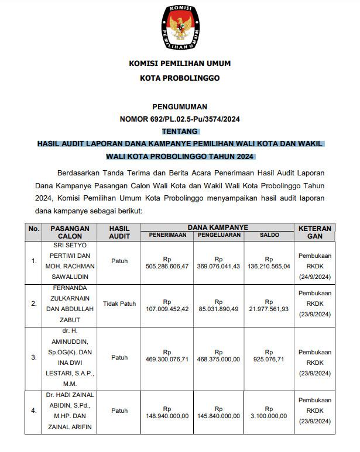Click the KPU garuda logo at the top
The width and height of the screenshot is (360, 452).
click(180, 27)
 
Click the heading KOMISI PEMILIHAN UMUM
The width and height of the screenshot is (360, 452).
click(180, 64)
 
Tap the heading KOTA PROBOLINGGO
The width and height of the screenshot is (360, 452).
click(180, 78)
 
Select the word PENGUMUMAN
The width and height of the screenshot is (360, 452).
click(180, 106)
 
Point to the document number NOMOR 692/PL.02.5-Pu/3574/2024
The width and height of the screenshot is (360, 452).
click(180, 119)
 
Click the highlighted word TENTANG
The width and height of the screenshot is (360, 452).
click(180, 132)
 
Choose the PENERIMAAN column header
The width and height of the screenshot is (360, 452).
click(167, 235)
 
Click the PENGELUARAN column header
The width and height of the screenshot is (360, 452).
click(218, 235)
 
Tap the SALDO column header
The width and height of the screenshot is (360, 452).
click(269, 235)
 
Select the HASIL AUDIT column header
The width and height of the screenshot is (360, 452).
click(119, 232)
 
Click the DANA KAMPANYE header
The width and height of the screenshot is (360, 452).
click(218, 227)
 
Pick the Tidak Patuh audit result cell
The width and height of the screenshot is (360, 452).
click(119, 304)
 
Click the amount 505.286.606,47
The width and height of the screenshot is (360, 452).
click(167, 266)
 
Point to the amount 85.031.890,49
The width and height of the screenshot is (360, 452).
click(218, 309)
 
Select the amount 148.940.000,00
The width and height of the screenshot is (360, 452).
click(167, 416)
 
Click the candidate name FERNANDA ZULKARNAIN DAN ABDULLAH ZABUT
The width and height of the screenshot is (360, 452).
click(69, 305)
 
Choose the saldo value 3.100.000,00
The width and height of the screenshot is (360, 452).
click(269, 416)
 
